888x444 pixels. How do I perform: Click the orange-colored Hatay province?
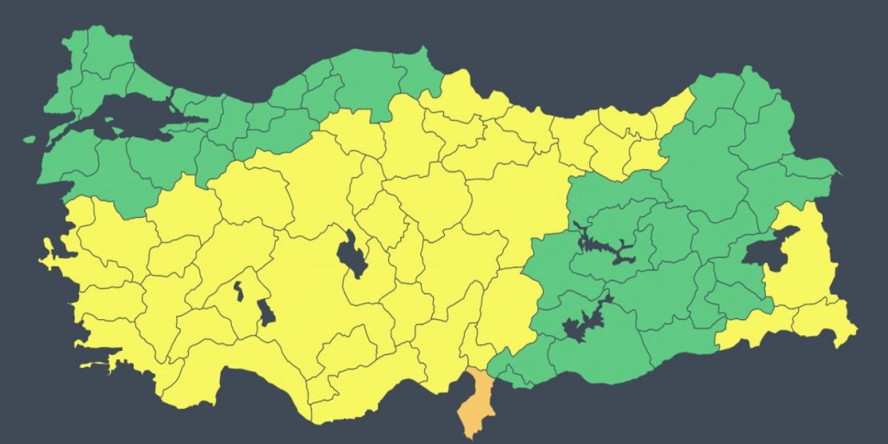click(476, 402)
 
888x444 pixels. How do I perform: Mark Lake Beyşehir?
click(266, 312)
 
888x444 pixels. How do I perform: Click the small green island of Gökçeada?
click(28, 139)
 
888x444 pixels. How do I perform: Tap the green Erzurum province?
click(701, 166)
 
